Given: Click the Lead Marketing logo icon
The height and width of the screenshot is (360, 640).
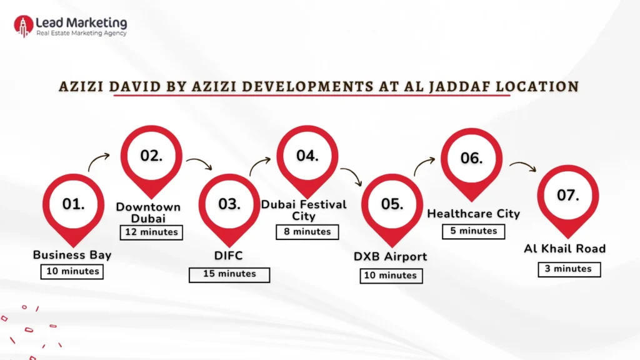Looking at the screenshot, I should pos(23,26).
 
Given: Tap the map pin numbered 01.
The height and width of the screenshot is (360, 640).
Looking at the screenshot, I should pos(73,205).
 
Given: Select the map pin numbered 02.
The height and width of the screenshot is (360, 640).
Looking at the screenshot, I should pos(151,157).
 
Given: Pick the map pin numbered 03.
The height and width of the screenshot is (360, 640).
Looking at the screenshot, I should pos(229,205).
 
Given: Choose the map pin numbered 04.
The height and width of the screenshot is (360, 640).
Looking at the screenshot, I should pos(307,157).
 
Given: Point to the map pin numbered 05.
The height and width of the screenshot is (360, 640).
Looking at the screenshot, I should pos(392,205).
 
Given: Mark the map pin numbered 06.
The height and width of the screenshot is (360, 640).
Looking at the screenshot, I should pos(472,159).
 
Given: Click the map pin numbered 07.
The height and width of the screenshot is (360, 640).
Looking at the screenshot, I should pos(568,196).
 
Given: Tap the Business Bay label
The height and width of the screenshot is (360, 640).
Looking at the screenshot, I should pos(72,255).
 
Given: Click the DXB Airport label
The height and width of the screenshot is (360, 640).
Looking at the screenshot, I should pos(390,256).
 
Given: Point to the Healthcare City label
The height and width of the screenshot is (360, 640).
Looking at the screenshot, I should pos(473,214).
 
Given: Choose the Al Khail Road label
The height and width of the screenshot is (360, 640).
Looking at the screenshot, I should pos(564,249).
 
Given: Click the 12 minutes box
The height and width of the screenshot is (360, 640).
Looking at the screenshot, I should pos(151,232).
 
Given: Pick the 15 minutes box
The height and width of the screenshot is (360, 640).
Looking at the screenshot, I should pos(229,274).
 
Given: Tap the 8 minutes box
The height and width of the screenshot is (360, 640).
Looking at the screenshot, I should pos(307,232).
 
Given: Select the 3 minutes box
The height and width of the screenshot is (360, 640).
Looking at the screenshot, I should pos(568,269).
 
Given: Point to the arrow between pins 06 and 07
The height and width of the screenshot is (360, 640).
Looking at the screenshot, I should pos(522,166).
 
